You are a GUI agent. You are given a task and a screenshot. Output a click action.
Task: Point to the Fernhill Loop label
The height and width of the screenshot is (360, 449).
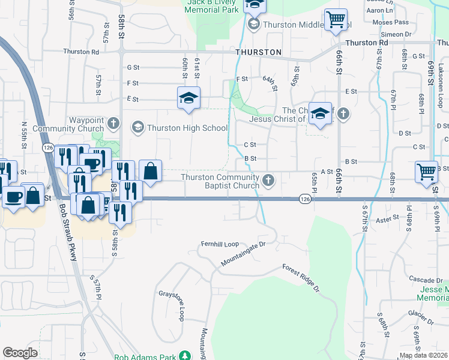pos(220,244)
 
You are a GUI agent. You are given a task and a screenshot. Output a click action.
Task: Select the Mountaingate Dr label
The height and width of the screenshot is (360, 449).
pos(243,255)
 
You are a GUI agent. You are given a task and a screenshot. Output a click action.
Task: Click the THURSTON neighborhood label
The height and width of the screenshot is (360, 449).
pos(259,52)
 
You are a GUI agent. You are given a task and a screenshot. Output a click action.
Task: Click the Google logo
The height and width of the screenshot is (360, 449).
pos(20,353)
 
